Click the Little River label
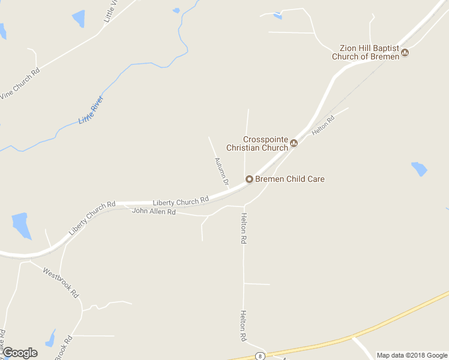91,110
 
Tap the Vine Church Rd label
20,83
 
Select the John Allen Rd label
153,212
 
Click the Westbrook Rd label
61,283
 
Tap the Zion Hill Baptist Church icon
405,53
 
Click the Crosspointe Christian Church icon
294,143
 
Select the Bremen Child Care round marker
249,179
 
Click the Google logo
20,353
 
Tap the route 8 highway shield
260,355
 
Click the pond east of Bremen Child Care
419,169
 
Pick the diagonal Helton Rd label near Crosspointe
322,125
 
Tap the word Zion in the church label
349,49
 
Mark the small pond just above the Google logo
50,337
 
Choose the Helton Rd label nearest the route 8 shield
244,326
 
